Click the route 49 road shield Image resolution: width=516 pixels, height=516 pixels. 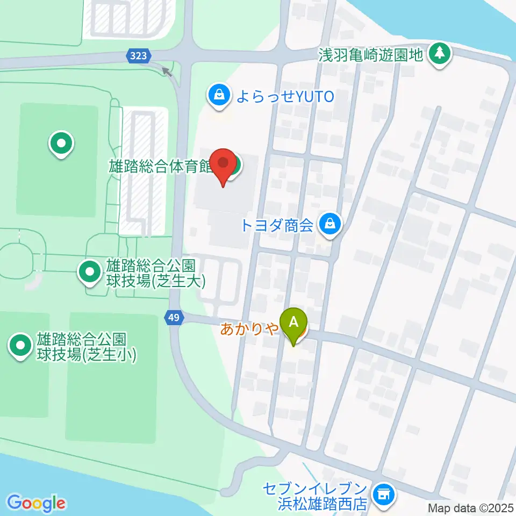(x=174, y=318)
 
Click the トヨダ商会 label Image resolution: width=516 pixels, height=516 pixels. (x=276, y=225)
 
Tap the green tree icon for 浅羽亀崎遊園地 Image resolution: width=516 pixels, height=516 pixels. (x=440, y=53)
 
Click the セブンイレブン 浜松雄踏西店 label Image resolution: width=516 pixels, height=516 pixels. (x=314, y=497)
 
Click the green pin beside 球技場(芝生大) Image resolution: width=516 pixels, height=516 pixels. (x=89, y=272)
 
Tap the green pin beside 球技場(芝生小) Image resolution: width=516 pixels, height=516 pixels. (x=21, y=346)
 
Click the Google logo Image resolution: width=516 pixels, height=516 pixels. (x=36, y=503)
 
